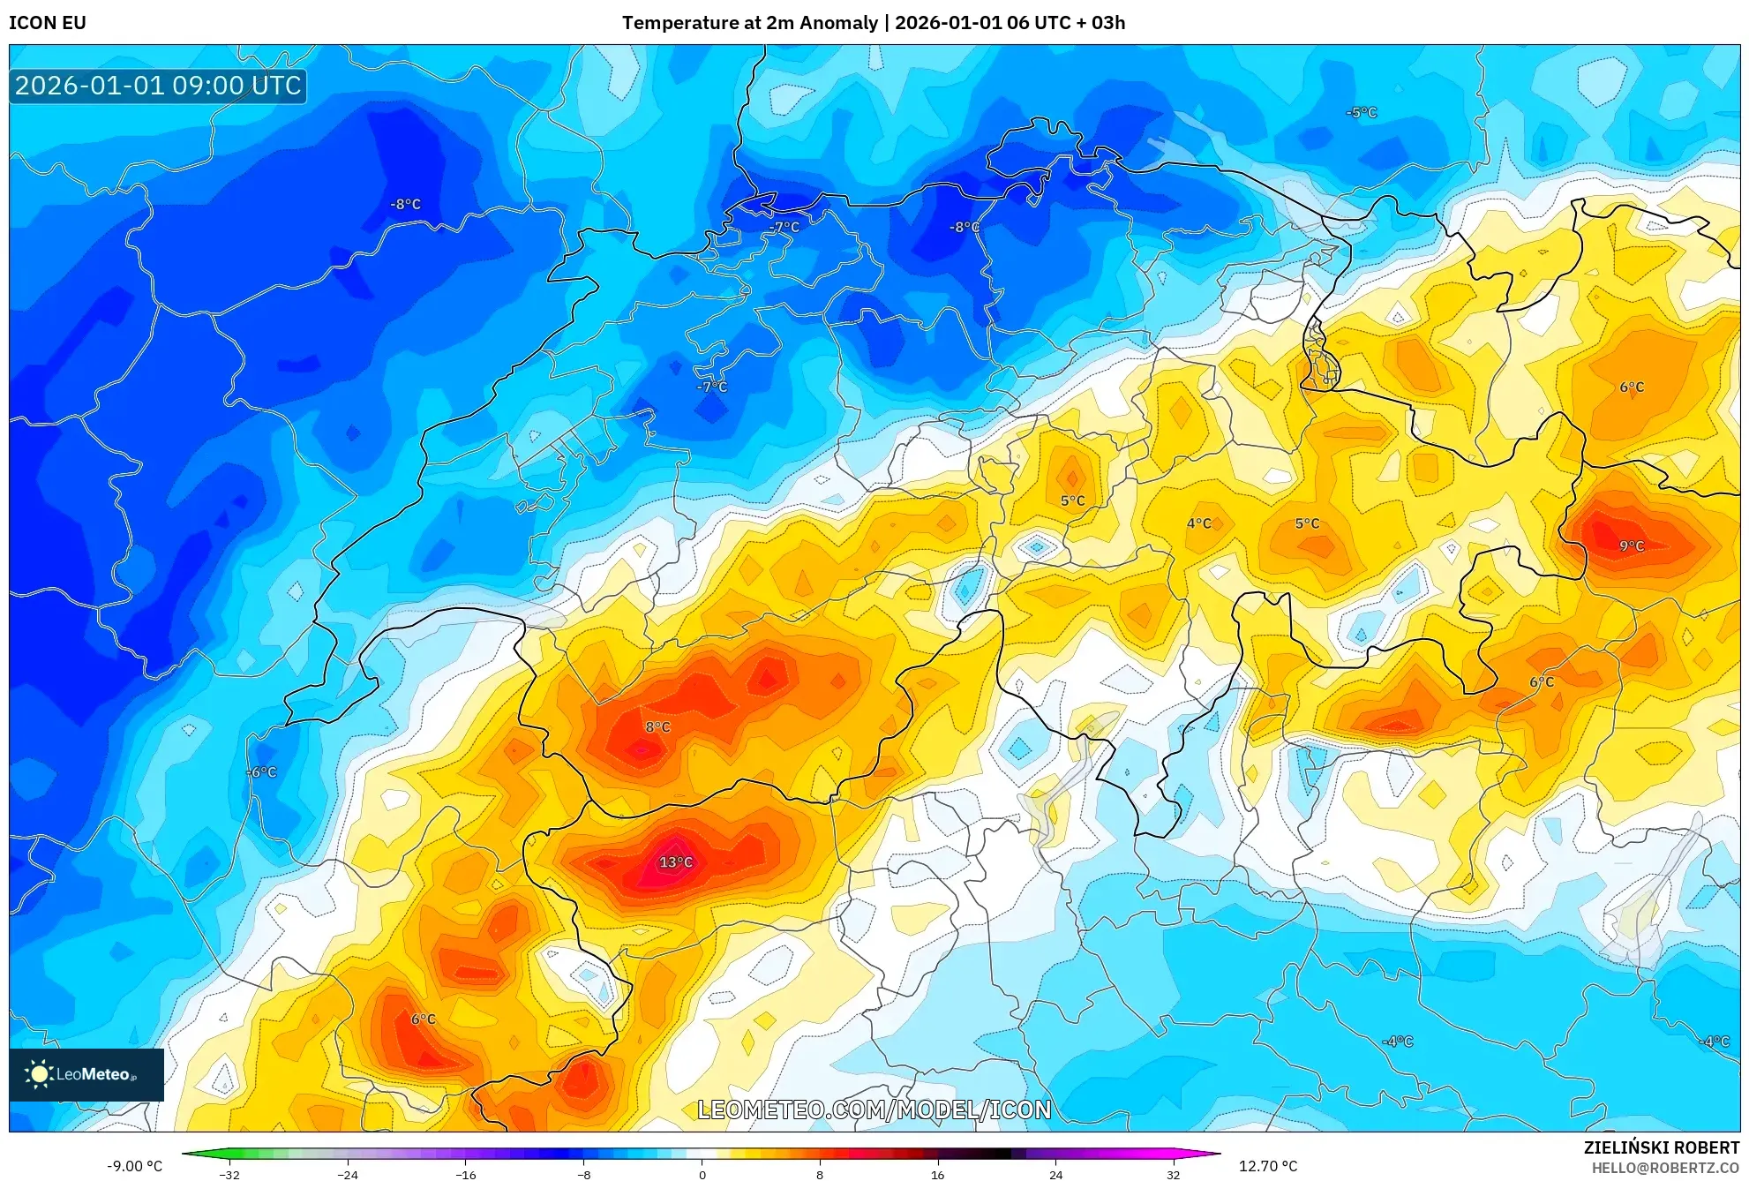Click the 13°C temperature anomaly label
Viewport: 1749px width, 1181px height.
pyautogui.click(x=676, y=862)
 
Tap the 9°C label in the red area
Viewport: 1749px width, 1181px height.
pyautogui.click(x=1632, y=546)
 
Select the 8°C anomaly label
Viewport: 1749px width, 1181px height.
pyautogui.click(x=657, y=727)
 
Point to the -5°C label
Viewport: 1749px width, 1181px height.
pyautogui.click(x=1362, y=113)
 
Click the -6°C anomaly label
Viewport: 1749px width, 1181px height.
pyautogui.click(x=261, y=772)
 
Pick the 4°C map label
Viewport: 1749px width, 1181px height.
pyautogui.click(x=1199, y=523)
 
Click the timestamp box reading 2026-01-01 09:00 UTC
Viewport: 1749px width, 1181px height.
pyautogui.click(x=158, y=86)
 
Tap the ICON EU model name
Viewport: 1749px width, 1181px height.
pyautogui.click(x=48, y=23)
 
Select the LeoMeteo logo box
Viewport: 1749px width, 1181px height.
pyautogui.click(x=86, y=1074)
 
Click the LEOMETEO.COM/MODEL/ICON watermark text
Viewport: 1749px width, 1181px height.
pyautogui.click(x=874, y=1110)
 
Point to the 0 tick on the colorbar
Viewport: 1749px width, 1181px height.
pyautogui.click(x=702, y=1175)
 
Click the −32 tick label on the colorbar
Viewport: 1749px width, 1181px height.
pyautogui.click(x=229, y=1175)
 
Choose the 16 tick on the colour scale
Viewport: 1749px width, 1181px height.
pyautogui.click(x=937, y=1175)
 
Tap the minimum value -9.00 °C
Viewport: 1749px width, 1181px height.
pyautogui.click(x=134, y=1166)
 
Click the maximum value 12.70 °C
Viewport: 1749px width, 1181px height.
pyautogui.click(x=1268, y=1166)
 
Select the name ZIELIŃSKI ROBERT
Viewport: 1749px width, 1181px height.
pyautogui.click(x=1661, y=1147)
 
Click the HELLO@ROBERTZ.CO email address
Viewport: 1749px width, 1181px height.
pyautogui.click(x=1665, y=1168)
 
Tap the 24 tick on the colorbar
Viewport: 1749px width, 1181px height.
pyautogui.click(x=1055, y=1175)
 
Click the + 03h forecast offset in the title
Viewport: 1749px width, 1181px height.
pyautogui.click(x=1097, y=23)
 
